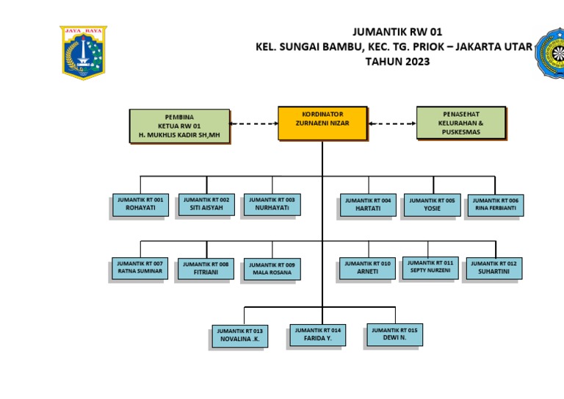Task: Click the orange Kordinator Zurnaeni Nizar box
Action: pyautogui.click(x=322, y=123)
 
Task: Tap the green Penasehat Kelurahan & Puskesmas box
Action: pyautogui.click(x=461, y=123)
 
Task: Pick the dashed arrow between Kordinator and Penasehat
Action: pyautogui.click(x=391, y=123)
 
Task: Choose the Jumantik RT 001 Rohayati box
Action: pyautogui.click(x=140, y=204)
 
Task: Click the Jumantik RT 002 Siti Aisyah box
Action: pyautogui.click(x=206, y=204)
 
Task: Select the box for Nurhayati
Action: pyautogui.click(x=272, y=204)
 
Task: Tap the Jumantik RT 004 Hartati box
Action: pyautogui.click(x=368, y=205)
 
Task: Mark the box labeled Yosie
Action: pyautogui.click(x=432, y=204)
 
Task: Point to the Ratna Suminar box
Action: pyautogui.click(x=140, y=267)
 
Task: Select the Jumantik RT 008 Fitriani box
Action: pyautogui.click(x=206, y=268)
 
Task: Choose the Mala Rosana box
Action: pyautogui.click(x=272, y=269)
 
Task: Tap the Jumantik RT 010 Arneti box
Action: pyautogui.click(x=367, y=268)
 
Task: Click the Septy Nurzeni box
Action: pyautogui.click(x=430, y=267)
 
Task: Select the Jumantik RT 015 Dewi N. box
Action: pyautogui.click(x=394, y=335)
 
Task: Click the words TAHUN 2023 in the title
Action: pyautogui.click(x=397, y=62)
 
